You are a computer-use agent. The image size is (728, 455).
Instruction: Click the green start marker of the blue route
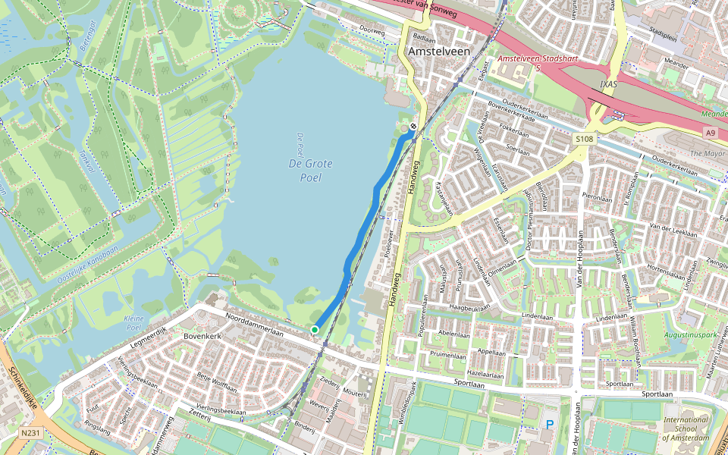315,329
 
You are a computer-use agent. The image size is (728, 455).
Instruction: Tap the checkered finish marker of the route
413,127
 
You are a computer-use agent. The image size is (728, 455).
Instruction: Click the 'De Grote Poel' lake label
306,171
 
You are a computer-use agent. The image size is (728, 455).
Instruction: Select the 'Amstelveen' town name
439,51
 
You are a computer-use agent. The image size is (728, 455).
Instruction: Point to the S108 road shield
584,139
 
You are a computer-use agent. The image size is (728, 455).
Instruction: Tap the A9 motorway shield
710,133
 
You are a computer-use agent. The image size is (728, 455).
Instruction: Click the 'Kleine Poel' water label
133,323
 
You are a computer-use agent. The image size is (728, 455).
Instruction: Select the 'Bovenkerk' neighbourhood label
202,334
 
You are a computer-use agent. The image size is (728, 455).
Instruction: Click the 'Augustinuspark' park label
689,334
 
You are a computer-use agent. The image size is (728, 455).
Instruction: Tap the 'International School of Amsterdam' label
686,428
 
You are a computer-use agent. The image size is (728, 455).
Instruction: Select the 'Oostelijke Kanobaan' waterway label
87,265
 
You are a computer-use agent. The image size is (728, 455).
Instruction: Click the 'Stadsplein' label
663,33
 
